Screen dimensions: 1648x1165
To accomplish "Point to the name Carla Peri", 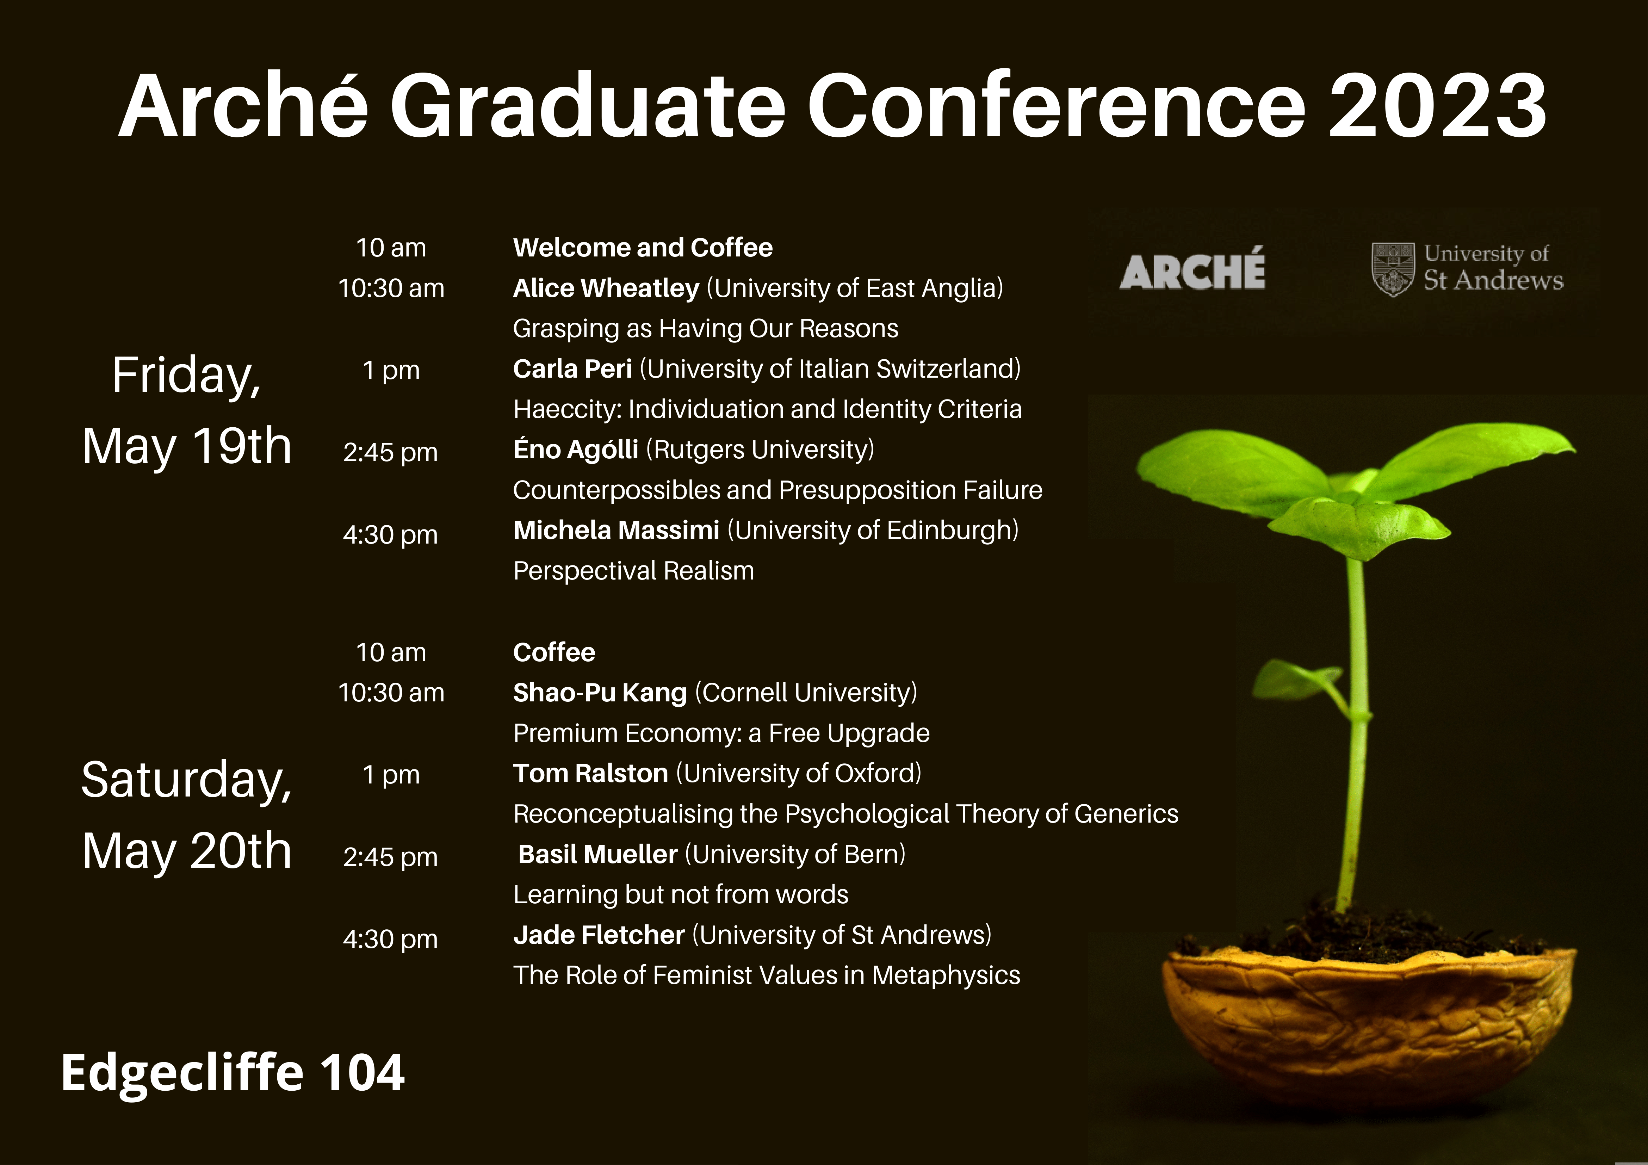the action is point(572,369).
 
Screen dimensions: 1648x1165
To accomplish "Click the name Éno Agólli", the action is point(576,450).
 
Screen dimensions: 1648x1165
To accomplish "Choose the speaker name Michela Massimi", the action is point(616,531).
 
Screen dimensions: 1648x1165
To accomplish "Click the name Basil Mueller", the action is point(598,854).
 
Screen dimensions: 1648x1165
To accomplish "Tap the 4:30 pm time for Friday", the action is point(390,535).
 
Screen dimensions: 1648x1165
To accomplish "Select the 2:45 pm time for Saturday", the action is point(390,857).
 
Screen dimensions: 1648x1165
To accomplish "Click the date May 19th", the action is point(187,446).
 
